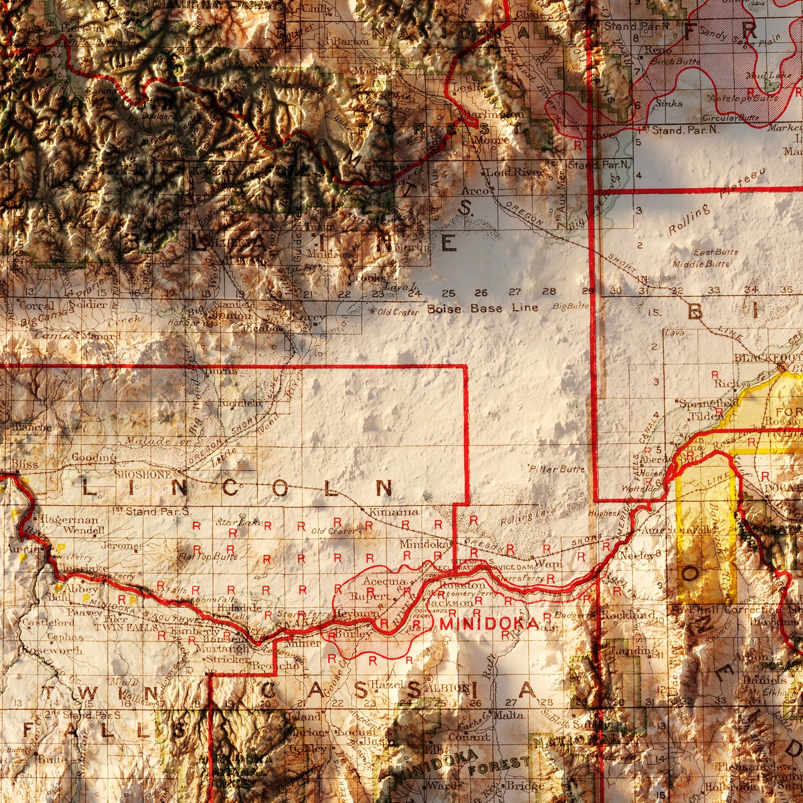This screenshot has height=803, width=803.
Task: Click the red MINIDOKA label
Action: pos(489,624)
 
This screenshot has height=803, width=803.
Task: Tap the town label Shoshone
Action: pos(143,475)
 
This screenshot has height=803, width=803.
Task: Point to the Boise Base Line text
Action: pos(482,308)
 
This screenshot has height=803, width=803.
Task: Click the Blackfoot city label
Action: pos(767,357)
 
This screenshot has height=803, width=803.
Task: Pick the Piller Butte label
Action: pos(557,469)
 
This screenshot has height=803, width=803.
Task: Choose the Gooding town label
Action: pos(93,458)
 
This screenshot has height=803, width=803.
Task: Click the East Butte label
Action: pos(715,252)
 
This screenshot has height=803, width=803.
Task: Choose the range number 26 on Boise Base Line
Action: pos(481,292)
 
